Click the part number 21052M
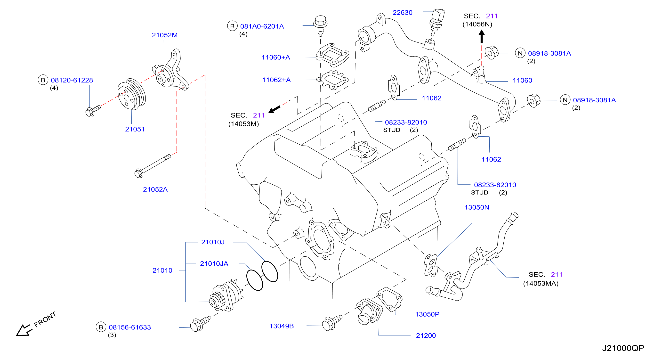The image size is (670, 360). [x=165, y=35]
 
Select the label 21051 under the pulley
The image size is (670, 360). [x=135, y=129]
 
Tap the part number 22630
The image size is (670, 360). [x=402, y=12]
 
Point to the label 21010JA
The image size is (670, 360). [x=214, y=264]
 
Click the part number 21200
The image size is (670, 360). [x=426, y=335]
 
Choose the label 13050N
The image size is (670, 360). [x=477, y=207]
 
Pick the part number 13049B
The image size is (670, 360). [x=282, y=326]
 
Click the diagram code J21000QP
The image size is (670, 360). [x=623, y=348]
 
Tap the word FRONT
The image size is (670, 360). [x=45, y=319]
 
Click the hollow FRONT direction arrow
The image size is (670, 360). [x=24, y=331]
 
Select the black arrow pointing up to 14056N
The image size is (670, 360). [x=481, y=36]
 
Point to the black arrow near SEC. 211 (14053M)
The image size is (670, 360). [x=274, y=109]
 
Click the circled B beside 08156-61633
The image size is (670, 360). [x=101, y=327]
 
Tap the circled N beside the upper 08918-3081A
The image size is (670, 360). [x=520, y=53]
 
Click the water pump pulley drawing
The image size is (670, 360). [x=131, y=94]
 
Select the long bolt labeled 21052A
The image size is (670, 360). [x=153, y=166]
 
